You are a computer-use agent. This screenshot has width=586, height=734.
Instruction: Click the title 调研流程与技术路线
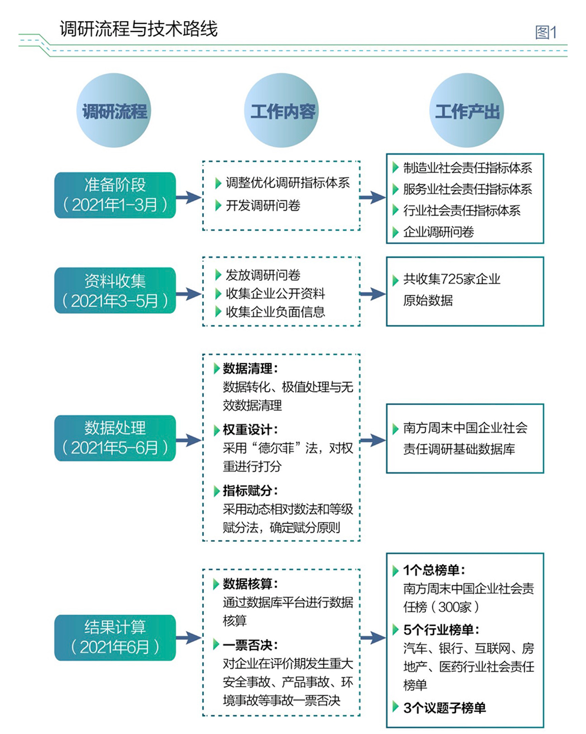click(138, 29)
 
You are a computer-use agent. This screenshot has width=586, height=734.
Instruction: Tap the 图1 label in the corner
click(546, 33)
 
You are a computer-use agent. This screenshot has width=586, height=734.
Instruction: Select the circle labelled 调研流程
click(114, 111)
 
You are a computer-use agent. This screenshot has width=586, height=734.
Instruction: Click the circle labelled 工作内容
click(282, 111)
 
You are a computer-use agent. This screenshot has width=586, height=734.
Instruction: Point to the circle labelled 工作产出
click(467, 111)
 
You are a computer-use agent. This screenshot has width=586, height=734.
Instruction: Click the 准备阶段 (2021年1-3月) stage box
click(115, 195)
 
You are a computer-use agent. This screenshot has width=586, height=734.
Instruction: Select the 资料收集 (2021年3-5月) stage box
click(115, 290)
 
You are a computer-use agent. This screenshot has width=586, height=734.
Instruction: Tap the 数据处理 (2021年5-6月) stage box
click(115, 438)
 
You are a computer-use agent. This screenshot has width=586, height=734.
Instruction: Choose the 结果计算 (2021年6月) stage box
click(115, 637)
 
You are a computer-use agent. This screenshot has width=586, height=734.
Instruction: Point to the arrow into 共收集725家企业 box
click(372, 294)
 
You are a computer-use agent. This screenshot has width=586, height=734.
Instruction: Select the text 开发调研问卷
click(263, 206)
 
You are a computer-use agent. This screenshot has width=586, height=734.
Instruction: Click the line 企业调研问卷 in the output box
click(438, 232)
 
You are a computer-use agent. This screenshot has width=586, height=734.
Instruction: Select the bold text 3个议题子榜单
click(444, 708)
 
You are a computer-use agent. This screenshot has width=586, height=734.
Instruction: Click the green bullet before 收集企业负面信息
click(218, 312)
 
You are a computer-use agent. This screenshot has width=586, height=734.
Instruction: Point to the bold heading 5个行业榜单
click(441, 629)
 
